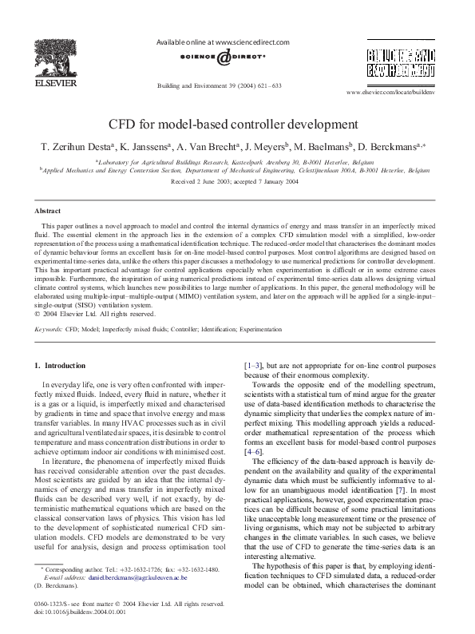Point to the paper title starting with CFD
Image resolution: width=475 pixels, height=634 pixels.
pyautogui.click(x=237, y=125)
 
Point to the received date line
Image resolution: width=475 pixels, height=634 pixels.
pyautogui.click(x=237, y=181)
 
